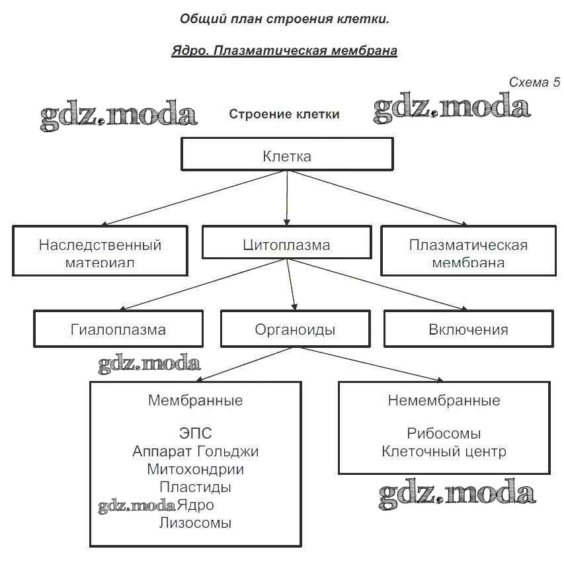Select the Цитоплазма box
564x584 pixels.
(286, 243)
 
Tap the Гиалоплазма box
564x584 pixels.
(118, 329)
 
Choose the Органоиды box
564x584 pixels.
(295, 329)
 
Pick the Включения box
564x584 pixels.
(468, 329)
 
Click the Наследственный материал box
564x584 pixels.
(100, 251)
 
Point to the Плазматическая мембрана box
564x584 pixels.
(468, 251)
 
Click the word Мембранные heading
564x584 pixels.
(195, 400)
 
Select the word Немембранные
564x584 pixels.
(444, 400)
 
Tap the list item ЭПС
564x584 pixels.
(195, 434)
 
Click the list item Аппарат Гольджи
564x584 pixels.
(195, 452)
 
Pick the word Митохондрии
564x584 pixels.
(195, 470)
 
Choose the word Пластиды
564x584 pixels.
(195, 487)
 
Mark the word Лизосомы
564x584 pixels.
(195, 523)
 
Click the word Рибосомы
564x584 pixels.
(444, 434)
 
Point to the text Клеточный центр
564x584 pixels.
(444, 452)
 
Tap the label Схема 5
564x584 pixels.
(534, 82)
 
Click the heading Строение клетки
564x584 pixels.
(284, 114)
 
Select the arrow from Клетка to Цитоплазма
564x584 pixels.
(287, 198)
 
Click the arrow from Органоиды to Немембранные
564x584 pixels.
(370, 364)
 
